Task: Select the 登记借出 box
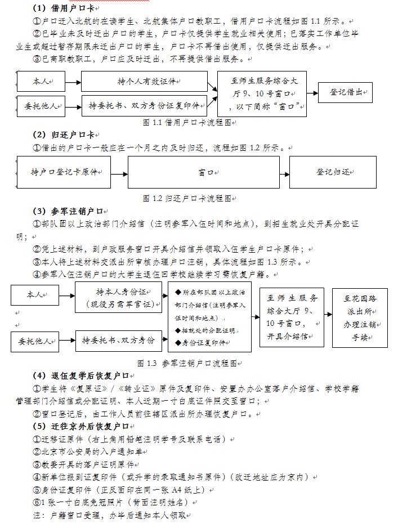pyautogui.click(x=345, y=92)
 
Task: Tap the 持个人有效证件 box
pyautogui.click(x=144, y=82)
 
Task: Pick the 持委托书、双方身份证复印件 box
pyautogui.click(x=144, y=105)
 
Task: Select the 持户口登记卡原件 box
pyautogui.click(x=64, y=172)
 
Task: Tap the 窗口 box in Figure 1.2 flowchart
pyautogui.click(x=203, y=172)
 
